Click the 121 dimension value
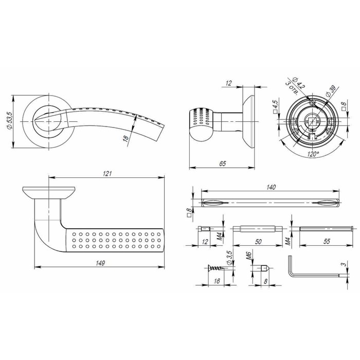(x=106, y=174)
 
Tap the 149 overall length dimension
(x=100, y=263)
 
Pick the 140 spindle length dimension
(x=272, y=188)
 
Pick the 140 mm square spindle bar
(x=272, y=202)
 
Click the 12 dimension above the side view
(x=229, y=83)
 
